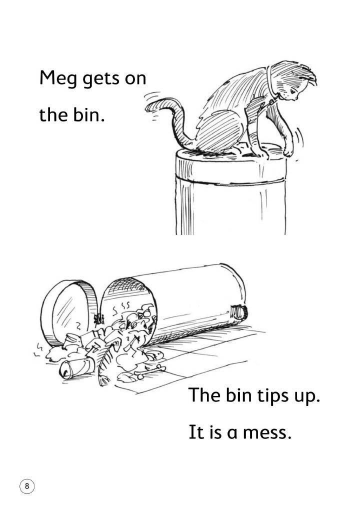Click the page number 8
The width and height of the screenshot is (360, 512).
click(x=27, y=486)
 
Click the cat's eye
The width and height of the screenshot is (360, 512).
click(x=293, y=90)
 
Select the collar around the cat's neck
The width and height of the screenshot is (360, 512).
click(x=270, y=85)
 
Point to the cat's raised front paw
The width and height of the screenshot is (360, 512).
click(x=289, y=150)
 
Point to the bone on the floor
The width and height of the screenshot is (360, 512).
click(x=151, y=372)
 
